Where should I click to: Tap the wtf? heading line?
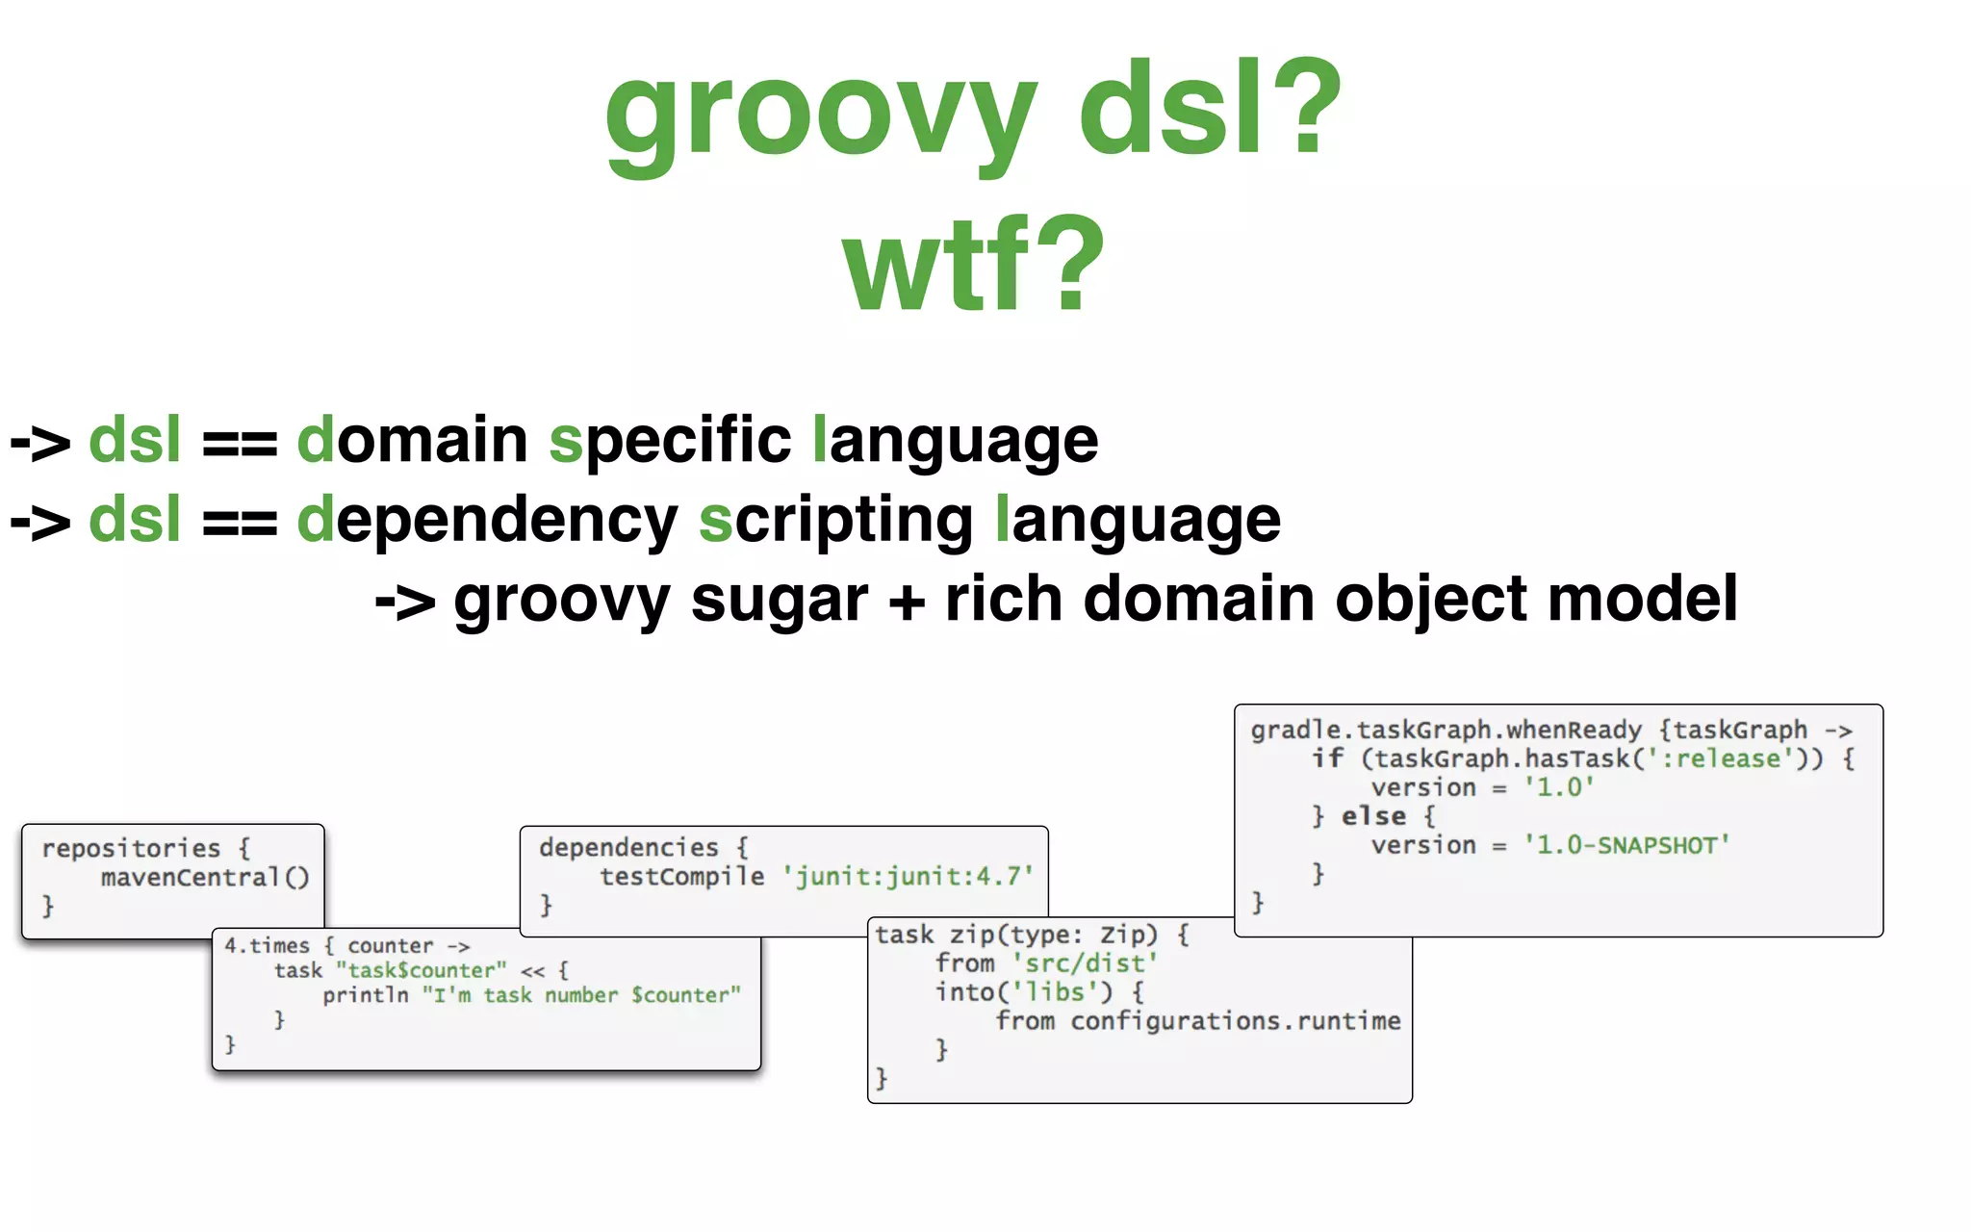coord(973,264)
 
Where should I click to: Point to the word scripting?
coord(835,521)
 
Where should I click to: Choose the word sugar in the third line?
coord(779,600)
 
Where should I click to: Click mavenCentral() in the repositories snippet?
coord(205,877)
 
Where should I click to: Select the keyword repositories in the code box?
coord(131,848)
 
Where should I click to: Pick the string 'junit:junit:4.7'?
coord(908,876)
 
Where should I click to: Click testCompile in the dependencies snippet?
coord(681,876)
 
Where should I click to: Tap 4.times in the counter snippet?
coord(267,945)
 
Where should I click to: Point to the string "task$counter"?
coord(421,970)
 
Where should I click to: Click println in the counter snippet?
coord(365,995)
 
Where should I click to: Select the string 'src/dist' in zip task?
coord(1085,962)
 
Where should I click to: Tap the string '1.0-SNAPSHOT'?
coord(1626,845)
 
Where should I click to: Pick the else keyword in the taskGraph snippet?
coord(1373,816)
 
